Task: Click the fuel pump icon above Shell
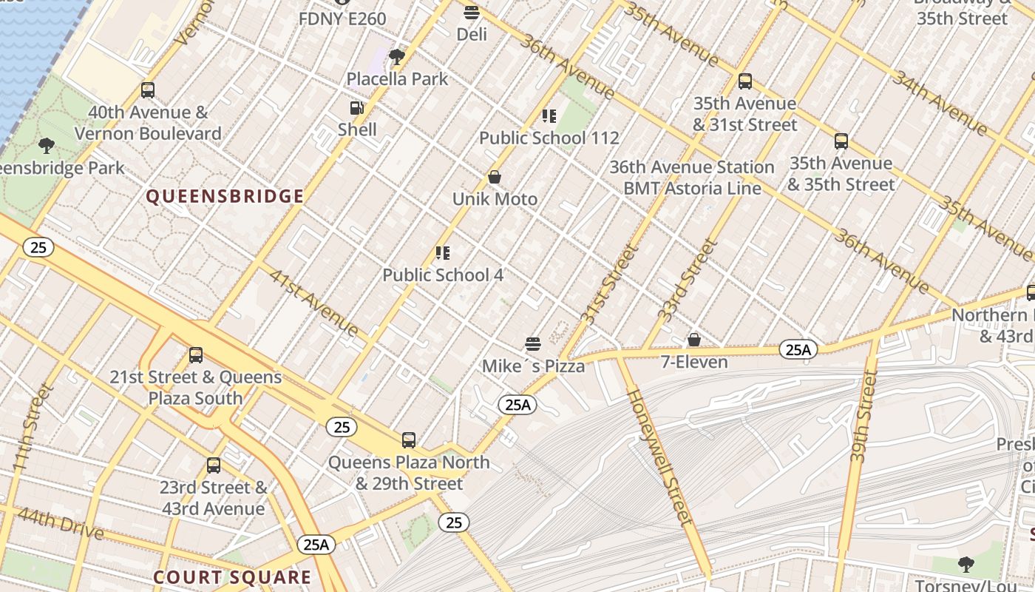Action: (x=357, y=108)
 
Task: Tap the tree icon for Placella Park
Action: (x=397, y=57)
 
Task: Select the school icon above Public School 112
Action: (x=549, y=116)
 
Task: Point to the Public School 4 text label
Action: (x=443, y=275)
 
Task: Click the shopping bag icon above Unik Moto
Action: (x=495, y=178)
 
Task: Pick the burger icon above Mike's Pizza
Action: (x=533, y=344)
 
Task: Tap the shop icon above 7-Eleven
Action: (x=693, y=340)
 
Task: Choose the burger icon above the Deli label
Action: (x=471, y=13)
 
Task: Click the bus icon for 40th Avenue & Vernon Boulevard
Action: (x=148, y=91)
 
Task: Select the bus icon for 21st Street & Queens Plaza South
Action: (x=196, y=355)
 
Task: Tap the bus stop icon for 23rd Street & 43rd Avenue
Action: (x=214, y=466)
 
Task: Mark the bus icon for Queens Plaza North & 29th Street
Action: (x=409, y=440)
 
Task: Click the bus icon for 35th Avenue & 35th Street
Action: (x=841, y=141)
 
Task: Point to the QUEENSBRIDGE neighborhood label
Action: (x=225, y=196)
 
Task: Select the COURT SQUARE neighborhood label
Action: (x=232, y=577)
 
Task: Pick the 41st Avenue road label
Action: (x=313, y=302)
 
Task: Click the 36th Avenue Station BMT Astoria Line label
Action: (x=692, y=178)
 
